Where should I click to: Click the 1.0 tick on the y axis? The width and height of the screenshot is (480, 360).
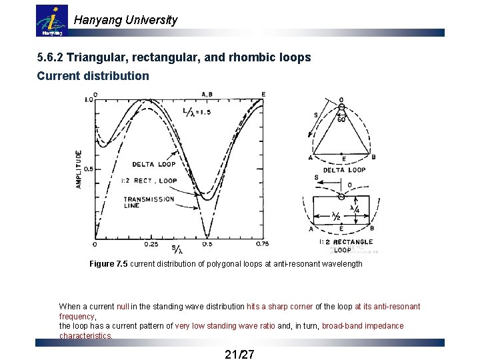point(88,100)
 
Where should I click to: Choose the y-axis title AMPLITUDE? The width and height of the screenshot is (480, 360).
point(79,169)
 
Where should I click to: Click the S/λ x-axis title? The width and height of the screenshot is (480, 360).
point(177,249)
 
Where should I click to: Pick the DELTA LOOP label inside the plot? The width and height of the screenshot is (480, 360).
point(153,164)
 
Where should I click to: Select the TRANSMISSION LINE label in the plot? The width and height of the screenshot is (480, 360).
point(149,203)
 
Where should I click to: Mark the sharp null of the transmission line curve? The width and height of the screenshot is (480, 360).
point(207,236)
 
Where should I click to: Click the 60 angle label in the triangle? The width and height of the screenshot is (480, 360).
point(341,119)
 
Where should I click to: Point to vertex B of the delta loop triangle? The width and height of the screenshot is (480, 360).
point(373,157)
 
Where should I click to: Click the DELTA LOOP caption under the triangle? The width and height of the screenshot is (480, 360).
point(343,169)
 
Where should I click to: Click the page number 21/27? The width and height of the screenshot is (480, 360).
point(239,353)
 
